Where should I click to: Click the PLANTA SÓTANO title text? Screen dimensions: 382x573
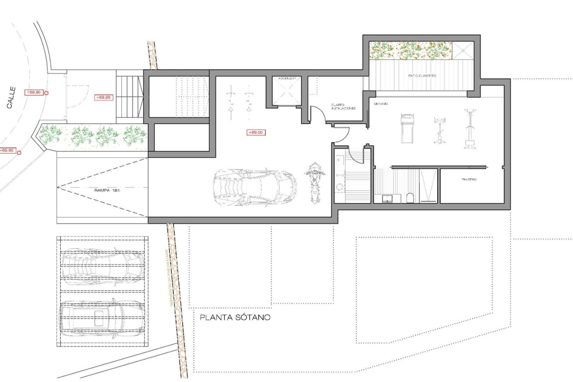[235, 317]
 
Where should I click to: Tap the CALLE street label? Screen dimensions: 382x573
[11, 98]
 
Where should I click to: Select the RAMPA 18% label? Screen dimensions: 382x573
[107, 190]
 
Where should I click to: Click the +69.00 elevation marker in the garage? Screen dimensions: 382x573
[256, 133]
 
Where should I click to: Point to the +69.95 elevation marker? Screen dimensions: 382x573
[103, 97]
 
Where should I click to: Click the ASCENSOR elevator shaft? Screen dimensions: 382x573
[286, 91]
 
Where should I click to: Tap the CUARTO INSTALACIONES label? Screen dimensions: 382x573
[343, 107]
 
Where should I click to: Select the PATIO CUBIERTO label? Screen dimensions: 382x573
[422, 76]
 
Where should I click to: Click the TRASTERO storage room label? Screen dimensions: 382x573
[469, 179]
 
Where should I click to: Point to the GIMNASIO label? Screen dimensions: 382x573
[381, 104]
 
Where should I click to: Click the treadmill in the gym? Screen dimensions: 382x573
[407, 128]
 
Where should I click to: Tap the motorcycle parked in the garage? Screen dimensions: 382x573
[314, 183]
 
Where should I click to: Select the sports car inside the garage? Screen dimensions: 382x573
[255, 187]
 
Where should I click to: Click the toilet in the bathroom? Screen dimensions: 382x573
[410, 198]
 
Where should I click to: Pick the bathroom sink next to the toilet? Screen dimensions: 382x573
[387, 198]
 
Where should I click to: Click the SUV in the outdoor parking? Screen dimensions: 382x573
[102, 320]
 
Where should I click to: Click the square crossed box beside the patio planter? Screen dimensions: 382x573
[463, 50]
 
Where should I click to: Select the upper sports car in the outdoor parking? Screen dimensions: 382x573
[103, 266]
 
